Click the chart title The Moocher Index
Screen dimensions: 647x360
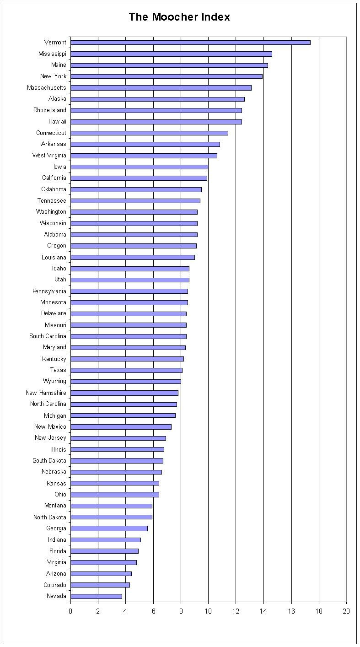point(179,17)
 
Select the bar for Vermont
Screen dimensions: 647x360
point(190,43)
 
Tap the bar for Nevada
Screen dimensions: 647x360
point(96,596)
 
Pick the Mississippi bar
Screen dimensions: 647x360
point(171,54)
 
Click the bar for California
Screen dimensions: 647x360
point(139,178)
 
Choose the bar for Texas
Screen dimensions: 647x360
point(126,370)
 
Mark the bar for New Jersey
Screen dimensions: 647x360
point(118,438)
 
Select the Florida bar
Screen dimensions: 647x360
point(104,551)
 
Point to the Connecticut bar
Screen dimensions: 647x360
point(149,133)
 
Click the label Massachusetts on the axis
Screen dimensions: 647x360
point(46,87)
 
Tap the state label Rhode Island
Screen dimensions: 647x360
point(49,110)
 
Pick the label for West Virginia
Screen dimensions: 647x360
point(49,156)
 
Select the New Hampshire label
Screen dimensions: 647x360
point(46,393)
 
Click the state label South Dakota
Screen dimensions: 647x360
point(49,461)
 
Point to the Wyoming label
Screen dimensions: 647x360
point(54,381)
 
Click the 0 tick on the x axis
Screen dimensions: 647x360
point(70,611)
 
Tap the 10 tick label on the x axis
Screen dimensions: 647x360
point(208,611)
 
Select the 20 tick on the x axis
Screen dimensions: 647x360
point(346,611)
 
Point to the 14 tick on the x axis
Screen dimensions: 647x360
point(263,611)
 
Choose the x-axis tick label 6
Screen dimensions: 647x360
point(153,611)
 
